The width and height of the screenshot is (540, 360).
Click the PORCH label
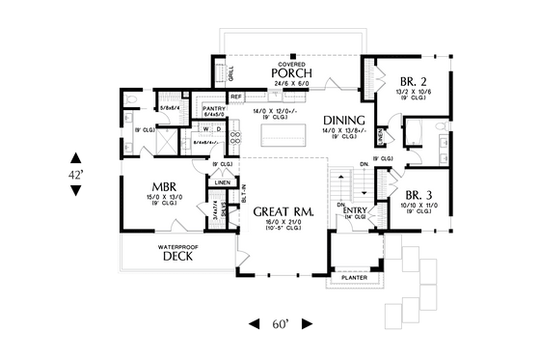click(x=289, y=73)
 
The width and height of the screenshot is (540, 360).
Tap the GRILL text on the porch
click(x=230, y=73)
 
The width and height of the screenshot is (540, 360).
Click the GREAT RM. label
click(x=281, y=212)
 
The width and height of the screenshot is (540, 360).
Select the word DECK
click(x=179, y=258)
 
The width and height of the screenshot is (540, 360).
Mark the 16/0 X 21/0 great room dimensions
click(x=281, y=224)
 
